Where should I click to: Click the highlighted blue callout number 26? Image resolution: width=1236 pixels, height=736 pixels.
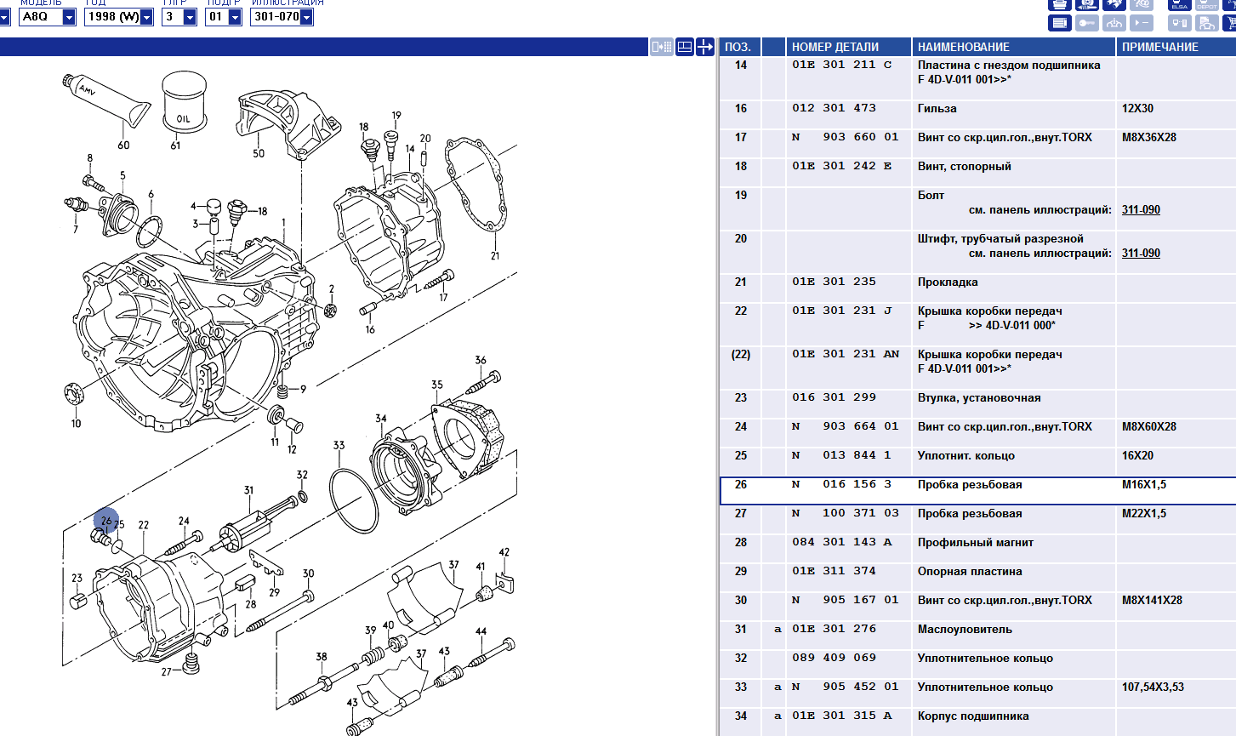[106, 520]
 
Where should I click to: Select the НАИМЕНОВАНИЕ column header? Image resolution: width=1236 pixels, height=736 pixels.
[963, 47]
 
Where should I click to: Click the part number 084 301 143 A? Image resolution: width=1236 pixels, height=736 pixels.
[842, 543]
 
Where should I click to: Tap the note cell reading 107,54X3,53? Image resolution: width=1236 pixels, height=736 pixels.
[1153, 688]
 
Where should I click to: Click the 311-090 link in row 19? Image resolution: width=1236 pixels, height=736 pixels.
[1141, 210]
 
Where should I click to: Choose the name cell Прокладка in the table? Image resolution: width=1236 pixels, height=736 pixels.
[948, 282]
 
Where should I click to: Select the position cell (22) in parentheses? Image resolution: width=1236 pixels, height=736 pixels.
[741, 355]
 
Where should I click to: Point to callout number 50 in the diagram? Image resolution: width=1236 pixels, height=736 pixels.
[259, 153]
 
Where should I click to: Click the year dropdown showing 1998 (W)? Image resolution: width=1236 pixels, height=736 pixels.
[118, 16]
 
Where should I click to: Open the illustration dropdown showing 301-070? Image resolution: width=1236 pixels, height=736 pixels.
[282, 16]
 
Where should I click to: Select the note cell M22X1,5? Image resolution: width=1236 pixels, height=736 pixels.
[1144, 514]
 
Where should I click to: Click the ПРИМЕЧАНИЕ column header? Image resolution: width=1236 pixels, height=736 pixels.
[1159, 47]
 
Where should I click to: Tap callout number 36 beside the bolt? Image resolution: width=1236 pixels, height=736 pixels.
[481, 360]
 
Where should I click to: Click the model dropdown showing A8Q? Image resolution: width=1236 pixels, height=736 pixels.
[48, 16]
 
